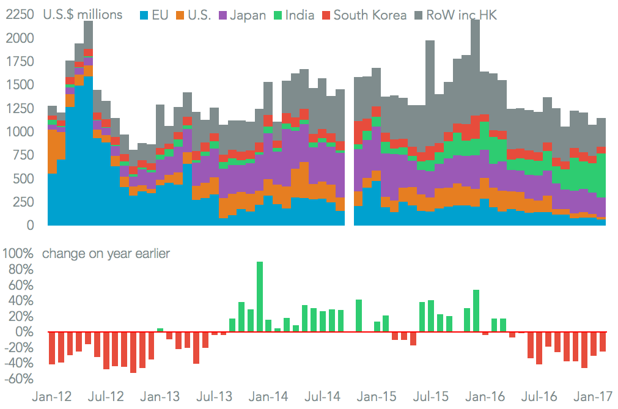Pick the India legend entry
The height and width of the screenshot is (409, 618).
[300, 15]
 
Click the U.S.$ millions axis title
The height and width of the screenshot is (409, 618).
[83, 15]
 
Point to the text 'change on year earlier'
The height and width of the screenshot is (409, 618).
[106, 254]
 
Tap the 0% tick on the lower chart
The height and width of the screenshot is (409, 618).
[24, 332]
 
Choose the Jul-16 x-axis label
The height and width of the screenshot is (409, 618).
[542, 397]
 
